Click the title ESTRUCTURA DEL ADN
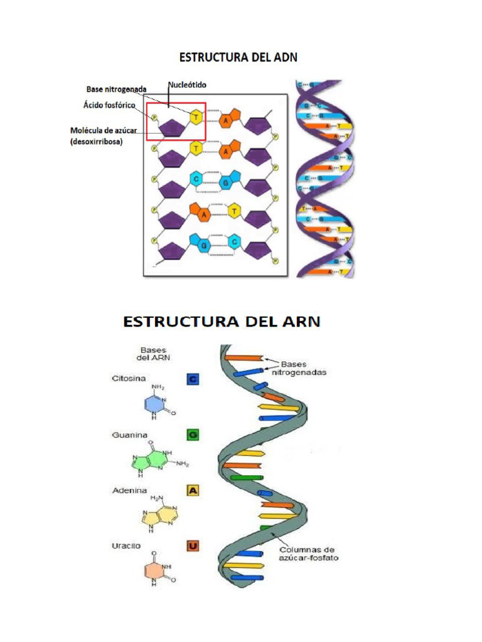[x=238, y=57]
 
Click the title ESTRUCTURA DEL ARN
[x=222, y=322]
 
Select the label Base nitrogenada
[x=116, y=90]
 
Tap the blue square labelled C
[x=193, y=379]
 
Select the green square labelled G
[x=193, y=434]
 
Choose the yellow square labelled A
[x=193, y=490]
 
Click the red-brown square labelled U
[x=193, y=547]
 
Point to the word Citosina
[x=129, y=379]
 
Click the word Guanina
[x=129, y=434]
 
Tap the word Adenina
[x=129, y=490]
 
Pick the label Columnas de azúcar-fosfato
[x=309, y=553]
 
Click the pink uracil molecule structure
[x=158, y=572]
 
